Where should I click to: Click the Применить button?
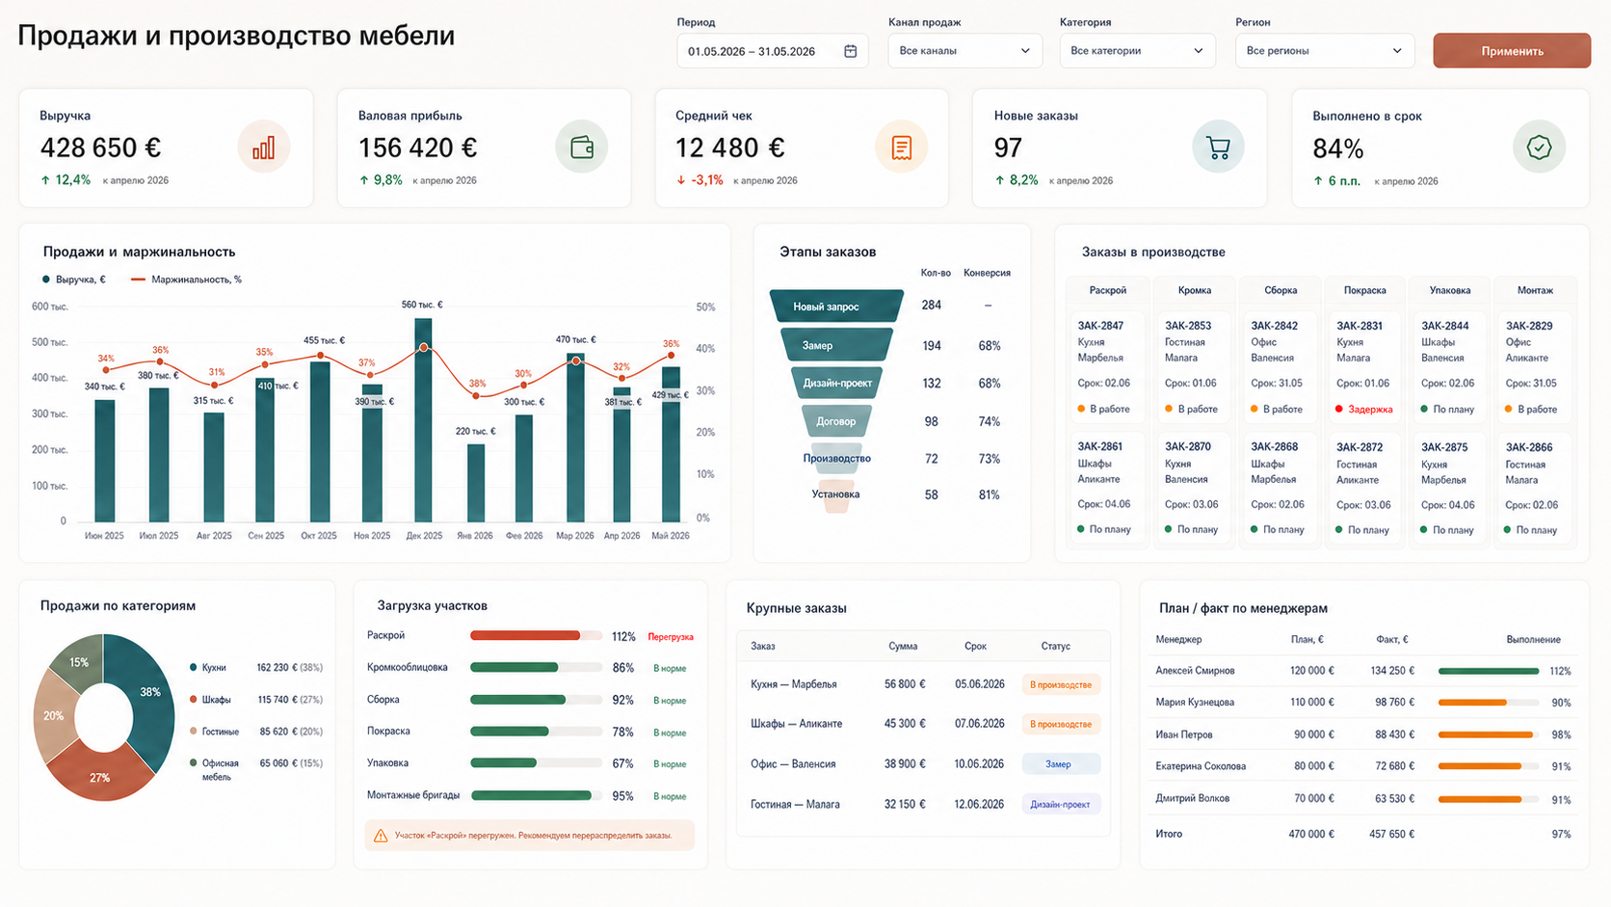click(x=1511, y=51)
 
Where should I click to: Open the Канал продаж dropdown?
click(x=964, y=51)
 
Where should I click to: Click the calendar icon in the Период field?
click(x=850, y=51)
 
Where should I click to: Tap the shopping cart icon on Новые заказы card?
click(x=1218, y=147)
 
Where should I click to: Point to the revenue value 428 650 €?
click(x=100, y=147)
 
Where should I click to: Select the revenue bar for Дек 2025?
click(x=424, y=420)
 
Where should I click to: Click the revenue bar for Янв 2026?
click(x=475, y=483)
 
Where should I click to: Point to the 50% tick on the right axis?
click(x=705, y=307)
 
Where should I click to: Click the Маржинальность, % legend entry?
click(x=186, y=280)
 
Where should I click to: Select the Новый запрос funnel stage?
click(x=835, y=306)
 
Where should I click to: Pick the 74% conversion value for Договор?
click(x=989, y=421)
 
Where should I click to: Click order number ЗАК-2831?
click(x=1360, y=326)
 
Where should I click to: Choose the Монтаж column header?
click(x=1535, y=290)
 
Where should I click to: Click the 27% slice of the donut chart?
click(x=99, y=773)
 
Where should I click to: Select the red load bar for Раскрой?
click(x=525, y=636)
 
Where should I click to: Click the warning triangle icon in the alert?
click(x=381, y=836)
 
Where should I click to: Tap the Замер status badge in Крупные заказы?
click(x=1061, y=763)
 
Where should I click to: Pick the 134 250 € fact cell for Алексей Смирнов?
click(x=1392, y=670)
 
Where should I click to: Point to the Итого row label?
click(x=1169, y=835)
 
